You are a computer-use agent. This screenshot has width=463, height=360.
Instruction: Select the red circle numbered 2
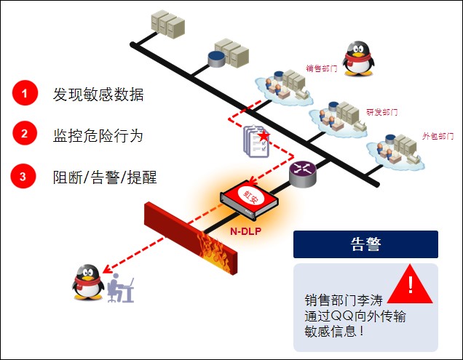tap(23, 134)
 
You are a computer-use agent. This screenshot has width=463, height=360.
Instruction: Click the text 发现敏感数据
tap(98, 94)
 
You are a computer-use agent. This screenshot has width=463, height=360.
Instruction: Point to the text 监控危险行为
tap(98, 135)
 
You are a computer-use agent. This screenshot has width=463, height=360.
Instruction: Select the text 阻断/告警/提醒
tap(105, 176)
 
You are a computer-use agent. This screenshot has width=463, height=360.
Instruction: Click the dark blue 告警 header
tap(365, 244)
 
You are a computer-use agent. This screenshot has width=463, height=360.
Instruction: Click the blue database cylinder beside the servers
tap(216, 58)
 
